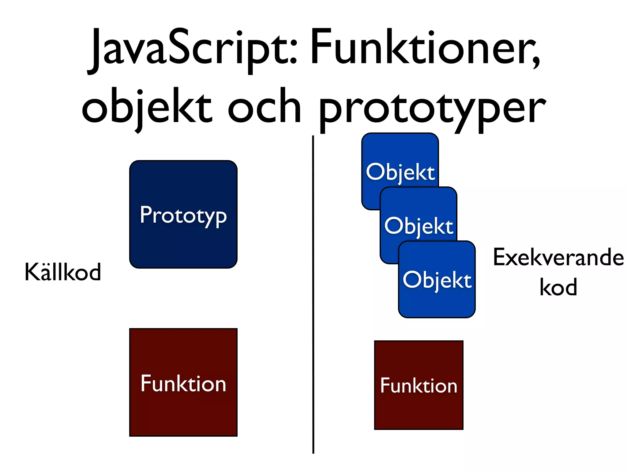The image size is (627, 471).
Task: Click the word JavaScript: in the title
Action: (x=193, y=49)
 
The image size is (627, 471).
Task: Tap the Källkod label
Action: (x=63, y=272)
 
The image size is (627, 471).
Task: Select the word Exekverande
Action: (x=558, y=258)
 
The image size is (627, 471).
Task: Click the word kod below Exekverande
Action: (x=558, y=287)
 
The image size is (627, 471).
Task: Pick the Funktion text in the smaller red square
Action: (x=419, y=385)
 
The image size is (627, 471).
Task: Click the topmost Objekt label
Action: (x=400, y=172)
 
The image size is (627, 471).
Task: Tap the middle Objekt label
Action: (x=419, y=226)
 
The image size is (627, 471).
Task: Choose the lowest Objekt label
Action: (x=437, y=280)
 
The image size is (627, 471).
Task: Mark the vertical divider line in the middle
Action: (x=313, y=294)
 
